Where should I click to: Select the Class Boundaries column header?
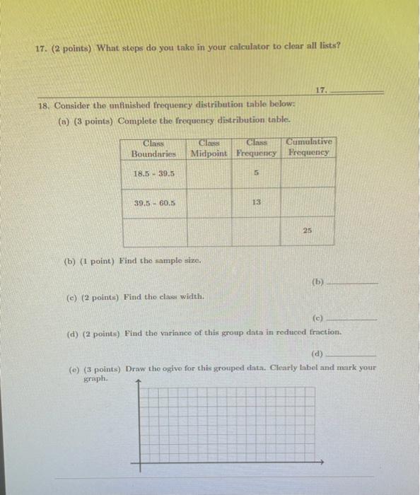(155, 148)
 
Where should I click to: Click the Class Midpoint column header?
(209, 148)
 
